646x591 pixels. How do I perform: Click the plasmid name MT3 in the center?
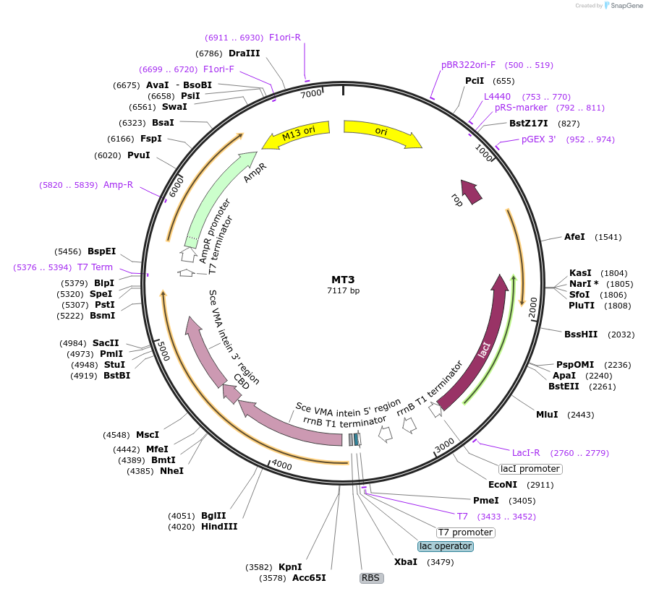pyautogui.click(x=343, y=279)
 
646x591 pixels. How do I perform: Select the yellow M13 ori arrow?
pyautogui.click(x=296, y=134)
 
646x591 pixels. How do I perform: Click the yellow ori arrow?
pyautogui.click(x=382, y=132)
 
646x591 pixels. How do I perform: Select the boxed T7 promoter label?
pyautogui.click(x=465, y=532)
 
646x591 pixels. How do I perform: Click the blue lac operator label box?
pyautogui.click(x=446, y=546)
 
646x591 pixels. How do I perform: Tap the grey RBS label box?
pyautogui.click(x=371, y=578)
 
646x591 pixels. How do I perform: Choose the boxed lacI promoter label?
pyautogui.click(x=530, y=469)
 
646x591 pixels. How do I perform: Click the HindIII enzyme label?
pyautogui.click(x=219, y=527)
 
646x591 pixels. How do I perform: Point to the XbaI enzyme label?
pyautogui.click(x=406, y=562)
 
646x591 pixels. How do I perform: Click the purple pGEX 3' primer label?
pyautogui.click(x=539, y=139)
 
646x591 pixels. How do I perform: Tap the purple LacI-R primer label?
pyautogui.click(x=526, y=453)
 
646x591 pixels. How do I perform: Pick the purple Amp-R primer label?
pyautogui.click(x=118, y=185)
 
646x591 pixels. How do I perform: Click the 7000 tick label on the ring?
pyautogui.click(x=311, y=94)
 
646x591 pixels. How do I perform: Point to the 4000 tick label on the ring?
pyautogui.click(x=281, y=466)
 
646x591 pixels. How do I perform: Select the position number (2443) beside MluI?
pyautogui.click(x=581, y=415)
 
